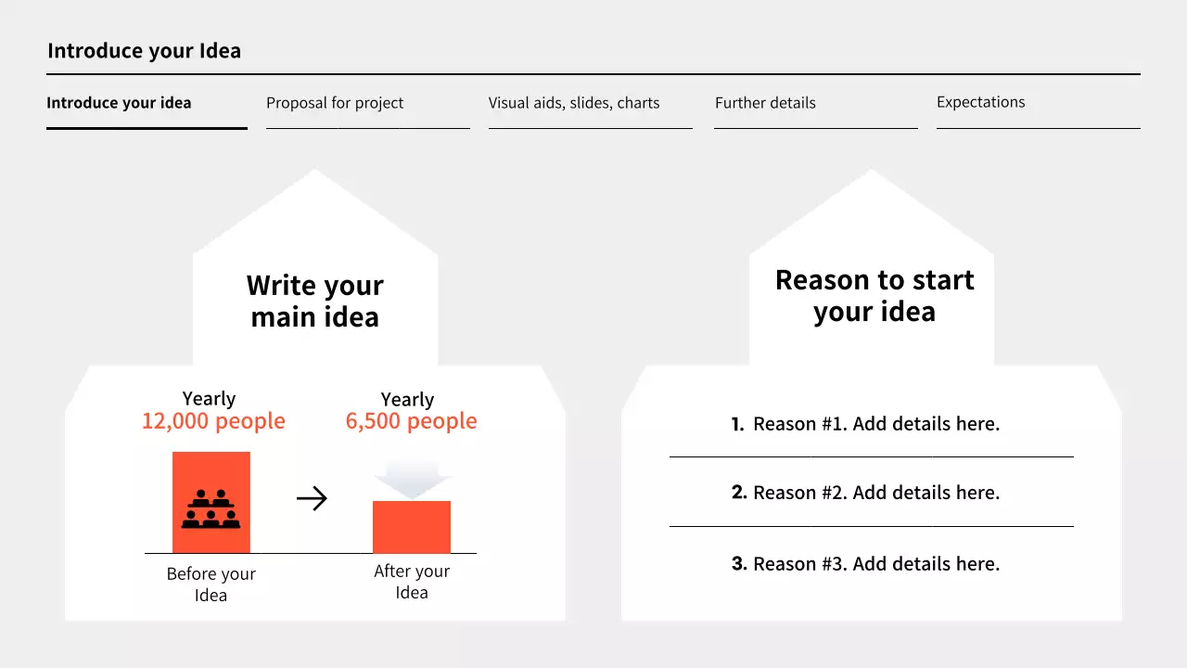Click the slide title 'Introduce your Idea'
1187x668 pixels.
click(x=144, y=51)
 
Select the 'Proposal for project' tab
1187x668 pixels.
click(x=335, y=103)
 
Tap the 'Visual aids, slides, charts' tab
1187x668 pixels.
click(x=574, y=103)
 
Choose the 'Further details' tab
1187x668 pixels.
click(x=765, y=103)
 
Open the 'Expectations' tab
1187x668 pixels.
click(x=980, y=102)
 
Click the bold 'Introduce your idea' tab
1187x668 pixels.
click(x=119, y=103)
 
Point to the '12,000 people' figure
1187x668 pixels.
click(x=213, y=421)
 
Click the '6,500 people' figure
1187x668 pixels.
click(x=411, y=421)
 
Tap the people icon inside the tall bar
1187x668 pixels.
click(x=211, y=508)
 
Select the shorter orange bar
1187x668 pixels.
click(x=412, y=527)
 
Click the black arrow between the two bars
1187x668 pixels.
click(x=312, y=499)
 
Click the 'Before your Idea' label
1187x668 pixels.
click(x=211, y=584)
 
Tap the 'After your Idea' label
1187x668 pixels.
click(x=412, y=582)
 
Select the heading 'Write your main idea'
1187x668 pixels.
click(x=315, y=301)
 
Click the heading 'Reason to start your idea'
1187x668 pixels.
click(x=874, y=295)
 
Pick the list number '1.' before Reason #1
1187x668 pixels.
click(x=737, y=425)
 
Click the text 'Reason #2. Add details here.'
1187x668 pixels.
click(x=876, y=493)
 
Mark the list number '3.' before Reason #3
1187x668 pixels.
click(x=739, y=563)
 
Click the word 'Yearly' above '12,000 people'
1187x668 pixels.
click(x=209, y=399)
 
